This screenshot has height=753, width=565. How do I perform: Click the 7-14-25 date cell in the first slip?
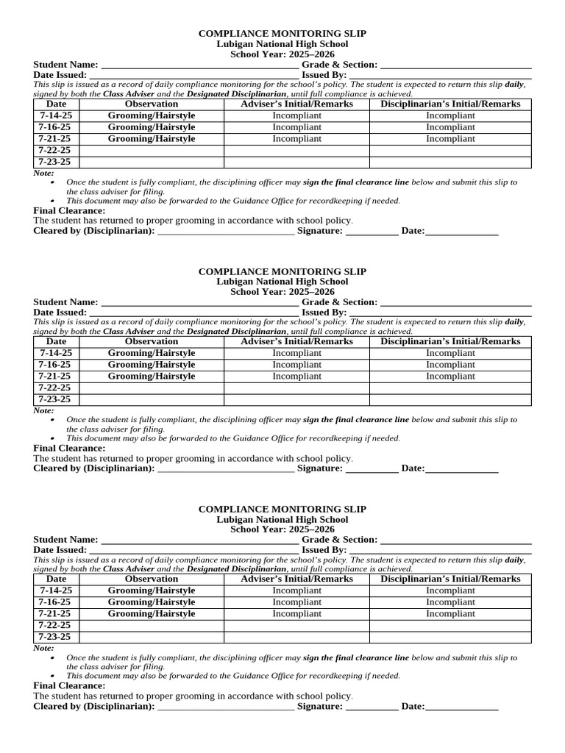tap(56, 115)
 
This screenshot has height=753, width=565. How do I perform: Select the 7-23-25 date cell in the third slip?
tap(56, 637)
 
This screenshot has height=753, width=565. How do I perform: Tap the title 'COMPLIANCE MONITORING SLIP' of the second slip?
tap(282, 271)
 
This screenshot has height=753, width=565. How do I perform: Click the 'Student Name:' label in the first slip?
tap(65, 65)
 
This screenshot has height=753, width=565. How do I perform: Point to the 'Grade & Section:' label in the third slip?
tap(339, 540)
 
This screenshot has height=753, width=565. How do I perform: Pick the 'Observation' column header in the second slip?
tap(152, 341)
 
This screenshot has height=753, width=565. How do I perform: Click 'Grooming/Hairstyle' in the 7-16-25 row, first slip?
tap(152, 127)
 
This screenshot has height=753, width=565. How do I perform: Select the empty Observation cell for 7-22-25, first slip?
tap(152, 150)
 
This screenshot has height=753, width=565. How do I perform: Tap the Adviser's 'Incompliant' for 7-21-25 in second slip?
tap(296, 376)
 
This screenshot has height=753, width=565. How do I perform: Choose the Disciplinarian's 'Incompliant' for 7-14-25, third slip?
tap(450, 590)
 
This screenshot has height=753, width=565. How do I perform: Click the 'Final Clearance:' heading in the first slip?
tap(70, 210)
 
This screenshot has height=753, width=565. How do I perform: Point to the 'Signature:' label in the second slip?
tap(319, 468)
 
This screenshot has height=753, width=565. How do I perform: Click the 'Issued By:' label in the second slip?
tap(324, 313)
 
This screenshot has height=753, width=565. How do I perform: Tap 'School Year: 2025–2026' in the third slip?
tap(282, 529)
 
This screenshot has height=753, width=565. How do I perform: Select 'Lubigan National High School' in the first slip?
tap(282, 44)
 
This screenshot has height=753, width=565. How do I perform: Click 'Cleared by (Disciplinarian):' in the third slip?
tap(94, 706)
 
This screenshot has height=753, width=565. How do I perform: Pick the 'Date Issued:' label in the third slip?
tap(60, 550)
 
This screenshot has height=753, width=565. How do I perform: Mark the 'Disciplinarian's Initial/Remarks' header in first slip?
tap(450, 104)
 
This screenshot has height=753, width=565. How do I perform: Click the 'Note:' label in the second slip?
tap(44, 410)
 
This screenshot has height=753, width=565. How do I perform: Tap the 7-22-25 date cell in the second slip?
tap(56, 388)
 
